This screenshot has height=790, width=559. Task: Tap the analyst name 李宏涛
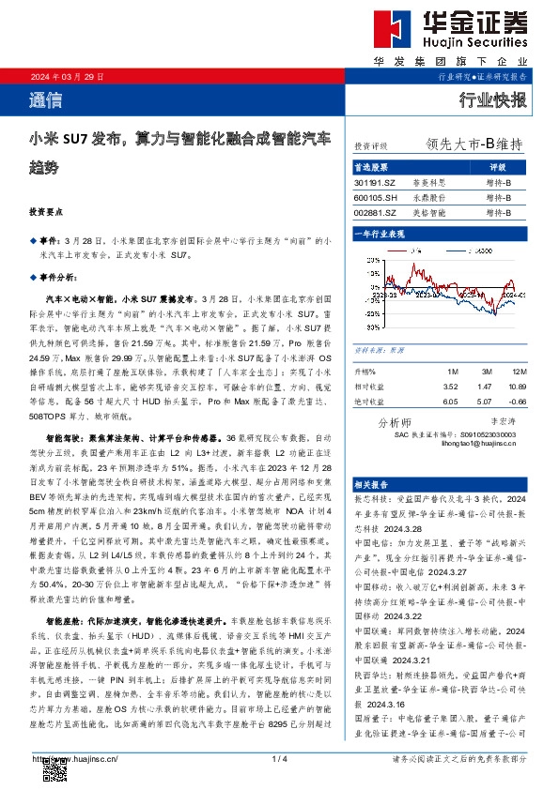point(490,422)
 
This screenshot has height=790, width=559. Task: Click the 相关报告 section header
point(374,484)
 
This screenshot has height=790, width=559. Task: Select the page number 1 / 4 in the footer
point(278,758)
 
